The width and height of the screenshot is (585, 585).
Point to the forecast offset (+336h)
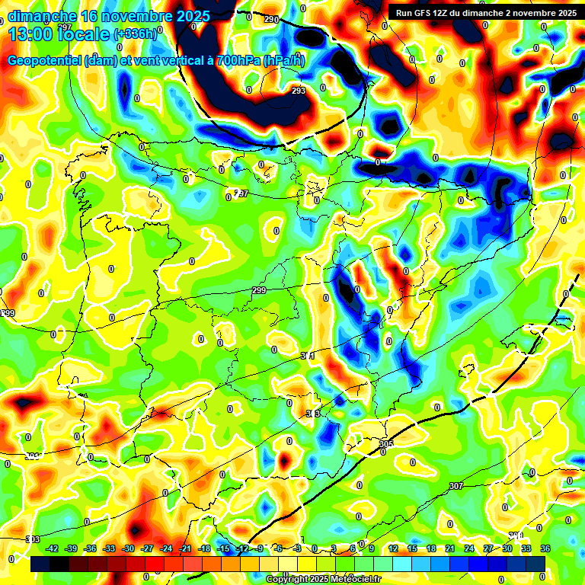tap(136, 34)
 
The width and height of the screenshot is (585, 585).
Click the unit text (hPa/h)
tap(283, 61)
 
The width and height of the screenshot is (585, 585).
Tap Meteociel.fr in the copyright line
tap(350, 580)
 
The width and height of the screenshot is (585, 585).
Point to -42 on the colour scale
tap(52, 548)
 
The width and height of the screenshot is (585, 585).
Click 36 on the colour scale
tap(545, 548)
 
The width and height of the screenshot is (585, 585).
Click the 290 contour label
tap(271, 19)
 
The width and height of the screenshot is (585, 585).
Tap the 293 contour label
tap(299, 91)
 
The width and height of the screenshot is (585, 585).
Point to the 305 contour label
tap(385, 443)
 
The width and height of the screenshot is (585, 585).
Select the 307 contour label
tap(456, 486)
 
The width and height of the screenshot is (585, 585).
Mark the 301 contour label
tap(308, 356)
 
